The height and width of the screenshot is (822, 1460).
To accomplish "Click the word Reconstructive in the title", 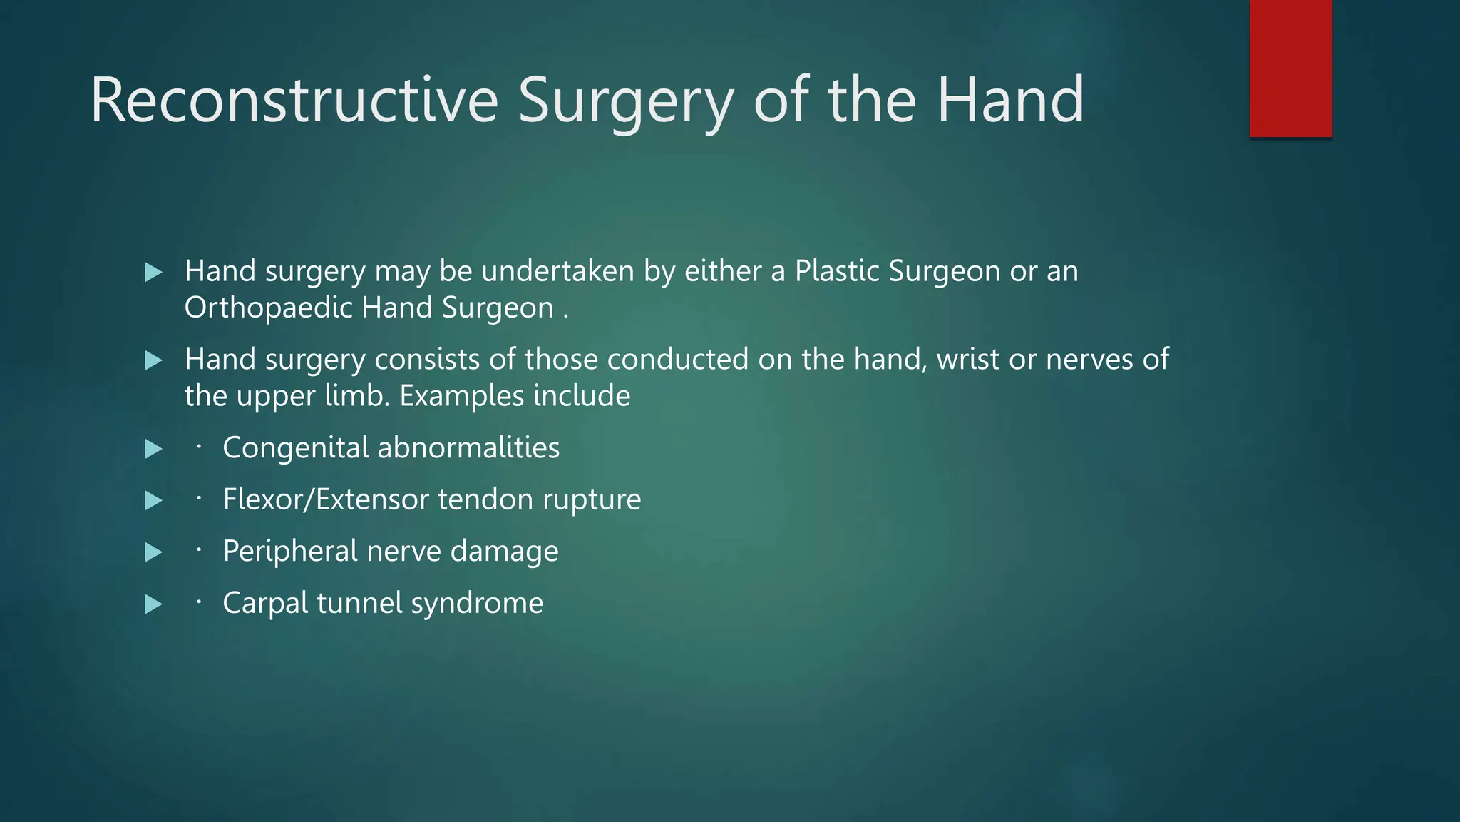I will click(x=294, y=101).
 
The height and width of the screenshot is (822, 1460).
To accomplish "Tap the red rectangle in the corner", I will click(x=1290, y=68).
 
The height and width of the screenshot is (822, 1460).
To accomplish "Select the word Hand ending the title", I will click(x=1010, y=101).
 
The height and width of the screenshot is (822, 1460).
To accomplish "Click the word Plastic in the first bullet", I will click(x=837, y=272).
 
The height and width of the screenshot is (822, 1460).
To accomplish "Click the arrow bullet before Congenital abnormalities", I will click(x=153, y=449).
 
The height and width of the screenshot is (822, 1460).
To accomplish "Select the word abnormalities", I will click(x=468, y=448).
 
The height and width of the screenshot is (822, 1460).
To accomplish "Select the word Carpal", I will click(x=265, y=604).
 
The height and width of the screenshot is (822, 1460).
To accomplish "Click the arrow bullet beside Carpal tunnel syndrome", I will click(x=153, y=604).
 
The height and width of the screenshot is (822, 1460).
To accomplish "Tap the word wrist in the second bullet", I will click(x=968, y=360).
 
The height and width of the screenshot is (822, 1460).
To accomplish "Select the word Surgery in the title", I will click(x=625, y=101).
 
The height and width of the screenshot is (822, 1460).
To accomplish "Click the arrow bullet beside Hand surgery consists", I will click(x=153, y=360).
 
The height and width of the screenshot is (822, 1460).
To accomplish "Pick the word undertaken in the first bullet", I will click(x=557, y=272).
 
